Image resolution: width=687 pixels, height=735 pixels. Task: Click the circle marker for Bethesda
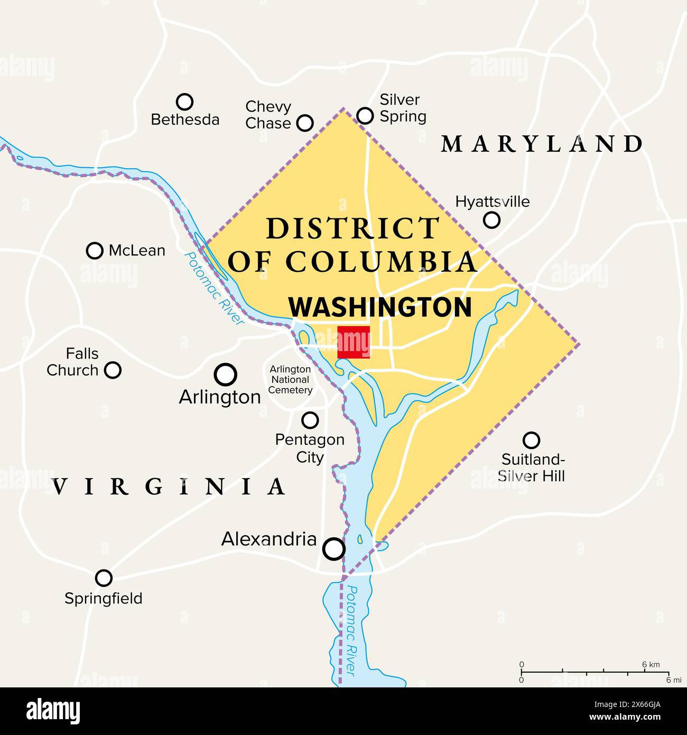coord(184,102)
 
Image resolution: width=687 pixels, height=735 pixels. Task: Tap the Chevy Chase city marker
coord(305,123)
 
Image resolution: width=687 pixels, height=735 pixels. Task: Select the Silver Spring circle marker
coord(365,115)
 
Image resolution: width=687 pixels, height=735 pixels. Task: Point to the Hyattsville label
coord(492,201)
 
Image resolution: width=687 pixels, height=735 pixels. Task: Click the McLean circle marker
coord(95,251)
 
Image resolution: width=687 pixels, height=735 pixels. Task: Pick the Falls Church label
coord(72,362)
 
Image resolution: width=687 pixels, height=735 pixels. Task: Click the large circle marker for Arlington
coord(226,374)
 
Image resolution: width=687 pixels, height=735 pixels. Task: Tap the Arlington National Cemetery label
coord(290,380)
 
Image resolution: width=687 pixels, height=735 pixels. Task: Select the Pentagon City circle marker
coord(310,420)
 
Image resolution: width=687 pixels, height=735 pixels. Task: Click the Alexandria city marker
coord(333,549)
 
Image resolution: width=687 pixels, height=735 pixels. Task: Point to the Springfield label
coord(104,598)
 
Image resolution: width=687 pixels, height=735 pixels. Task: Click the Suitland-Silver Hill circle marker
coord(531,440)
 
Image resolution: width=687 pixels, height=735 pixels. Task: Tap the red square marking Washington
coord(354,342)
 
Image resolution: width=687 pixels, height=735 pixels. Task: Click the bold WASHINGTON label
coord(379,307)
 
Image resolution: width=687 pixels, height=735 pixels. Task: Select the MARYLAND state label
coord(542,144)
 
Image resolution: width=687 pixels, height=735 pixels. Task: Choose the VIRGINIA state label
coord(169,486)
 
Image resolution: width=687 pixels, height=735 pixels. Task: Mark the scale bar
coord(595,672)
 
